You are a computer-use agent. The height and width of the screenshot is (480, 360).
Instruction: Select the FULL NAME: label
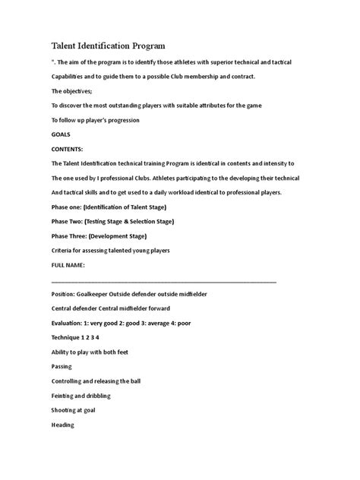(68, 265)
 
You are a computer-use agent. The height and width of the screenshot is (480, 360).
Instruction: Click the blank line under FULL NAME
(163, 280)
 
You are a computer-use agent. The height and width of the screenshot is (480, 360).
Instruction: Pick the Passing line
(63, 366)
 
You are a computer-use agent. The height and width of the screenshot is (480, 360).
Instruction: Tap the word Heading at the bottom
(63, 425)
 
